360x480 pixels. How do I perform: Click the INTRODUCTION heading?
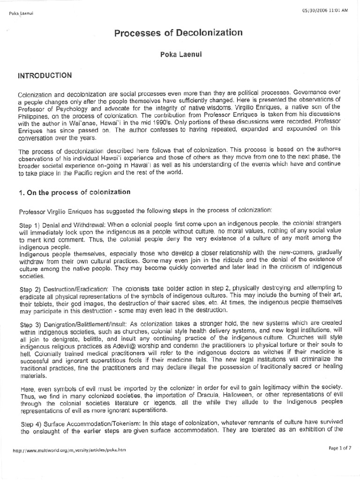[45, 75]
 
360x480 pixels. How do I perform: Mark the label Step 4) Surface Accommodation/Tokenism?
[77, 408]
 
